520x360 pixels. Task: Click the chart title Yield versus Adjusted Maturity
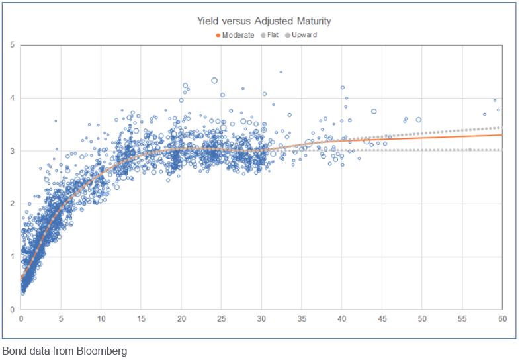[x=264, y=21]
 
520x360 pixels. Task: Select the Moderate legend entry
[x=238, y=35]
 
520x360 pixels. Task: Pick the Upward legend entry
[x=304, y=35]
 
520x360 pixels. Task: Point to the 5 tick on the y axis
[x=12, y=45]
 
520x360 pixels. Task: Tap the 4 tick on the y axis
[x=12, y=98]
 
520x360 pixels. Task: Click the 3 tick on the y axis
[x=12, y=151]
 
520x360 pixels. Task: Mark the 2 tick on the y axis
[x=12, y=204]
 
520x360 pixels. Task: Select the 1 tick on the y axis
[x=12, y=257]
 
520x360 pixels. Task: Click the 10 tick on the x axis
[x=101, y=318]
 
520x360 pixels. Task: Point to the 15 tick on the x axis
[x=142, y=318]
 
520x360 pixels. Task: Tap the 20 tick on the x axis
[x=181, y=318]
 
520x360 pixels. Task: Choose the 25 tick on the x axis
[x=222, y=318]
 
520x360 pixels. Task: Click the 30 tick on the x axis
[x=262, y=318]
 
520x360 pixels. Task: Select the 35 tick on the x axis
[x=302, y=318]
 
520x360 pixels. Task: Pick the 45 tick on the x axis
[x=382, y=318]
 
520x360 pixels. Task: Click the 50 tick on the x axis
[x=422, y=318]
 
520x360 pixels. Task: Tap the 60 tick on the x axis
[x=502, y=318]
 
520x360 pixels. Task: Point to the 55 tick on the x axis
[x=462, y=318]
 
